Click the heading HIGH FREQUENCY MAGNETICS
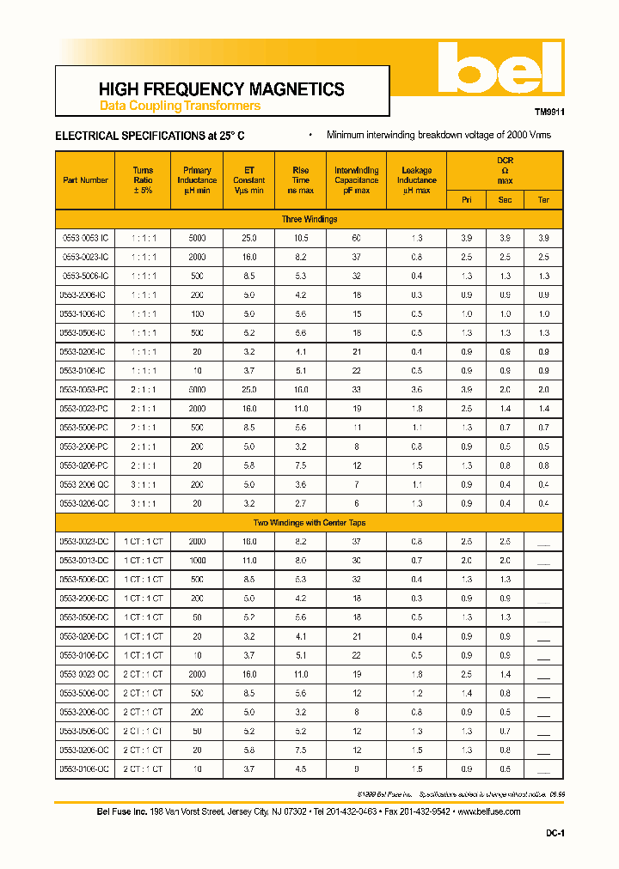221,89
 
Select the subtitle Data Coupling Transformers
180,106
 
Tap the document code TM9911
549,112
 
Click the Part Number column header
85,180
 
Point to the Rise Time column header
300,180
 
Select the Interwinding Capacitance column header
356,180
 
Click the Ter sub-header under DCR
543,200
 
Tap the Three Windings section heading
309,220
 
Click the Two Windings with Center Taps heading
309,522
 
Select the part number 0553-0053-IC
85,238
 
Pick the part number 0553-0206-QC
85,503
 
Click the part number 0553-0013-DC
85,560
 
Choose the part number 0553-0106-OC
85,769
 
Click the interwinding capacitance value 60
356,238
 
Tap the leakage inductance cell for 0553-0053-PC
416,390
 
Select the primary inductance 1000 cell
197,560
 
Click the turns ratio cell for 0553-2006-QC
143,484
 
